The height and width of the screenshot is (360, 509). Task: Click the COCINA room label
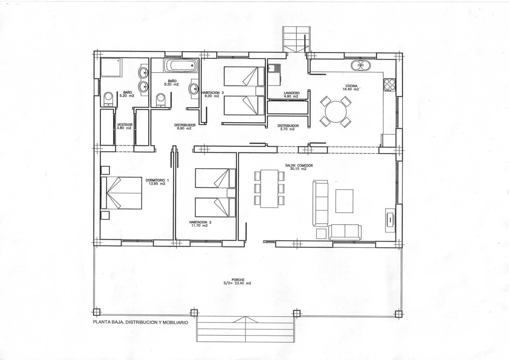(x=352, y=86)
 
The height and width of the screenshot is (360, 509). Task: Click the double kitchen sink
(x=361, y=66)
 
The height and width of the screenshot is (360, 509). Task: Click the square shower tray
(x=111, y=67)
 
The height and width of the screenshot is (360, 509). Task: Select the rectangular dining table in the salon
(x=269, y=188)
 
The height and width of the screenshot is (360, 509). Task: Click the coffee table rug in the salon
(x=344, y=201)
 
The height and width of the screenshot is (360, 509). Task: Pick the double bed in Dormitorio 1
(x=121, y=193)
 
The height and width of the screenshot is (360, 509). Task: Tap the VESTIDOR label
(x=125, y=125)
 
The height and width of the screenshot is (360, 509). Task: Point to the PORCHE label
(x=238, y=280)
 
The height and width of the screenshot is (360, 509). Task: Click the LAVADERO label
(x=291, y=93)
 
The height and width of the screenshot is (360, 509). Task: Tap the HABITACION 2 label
(x=200, y=222)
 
